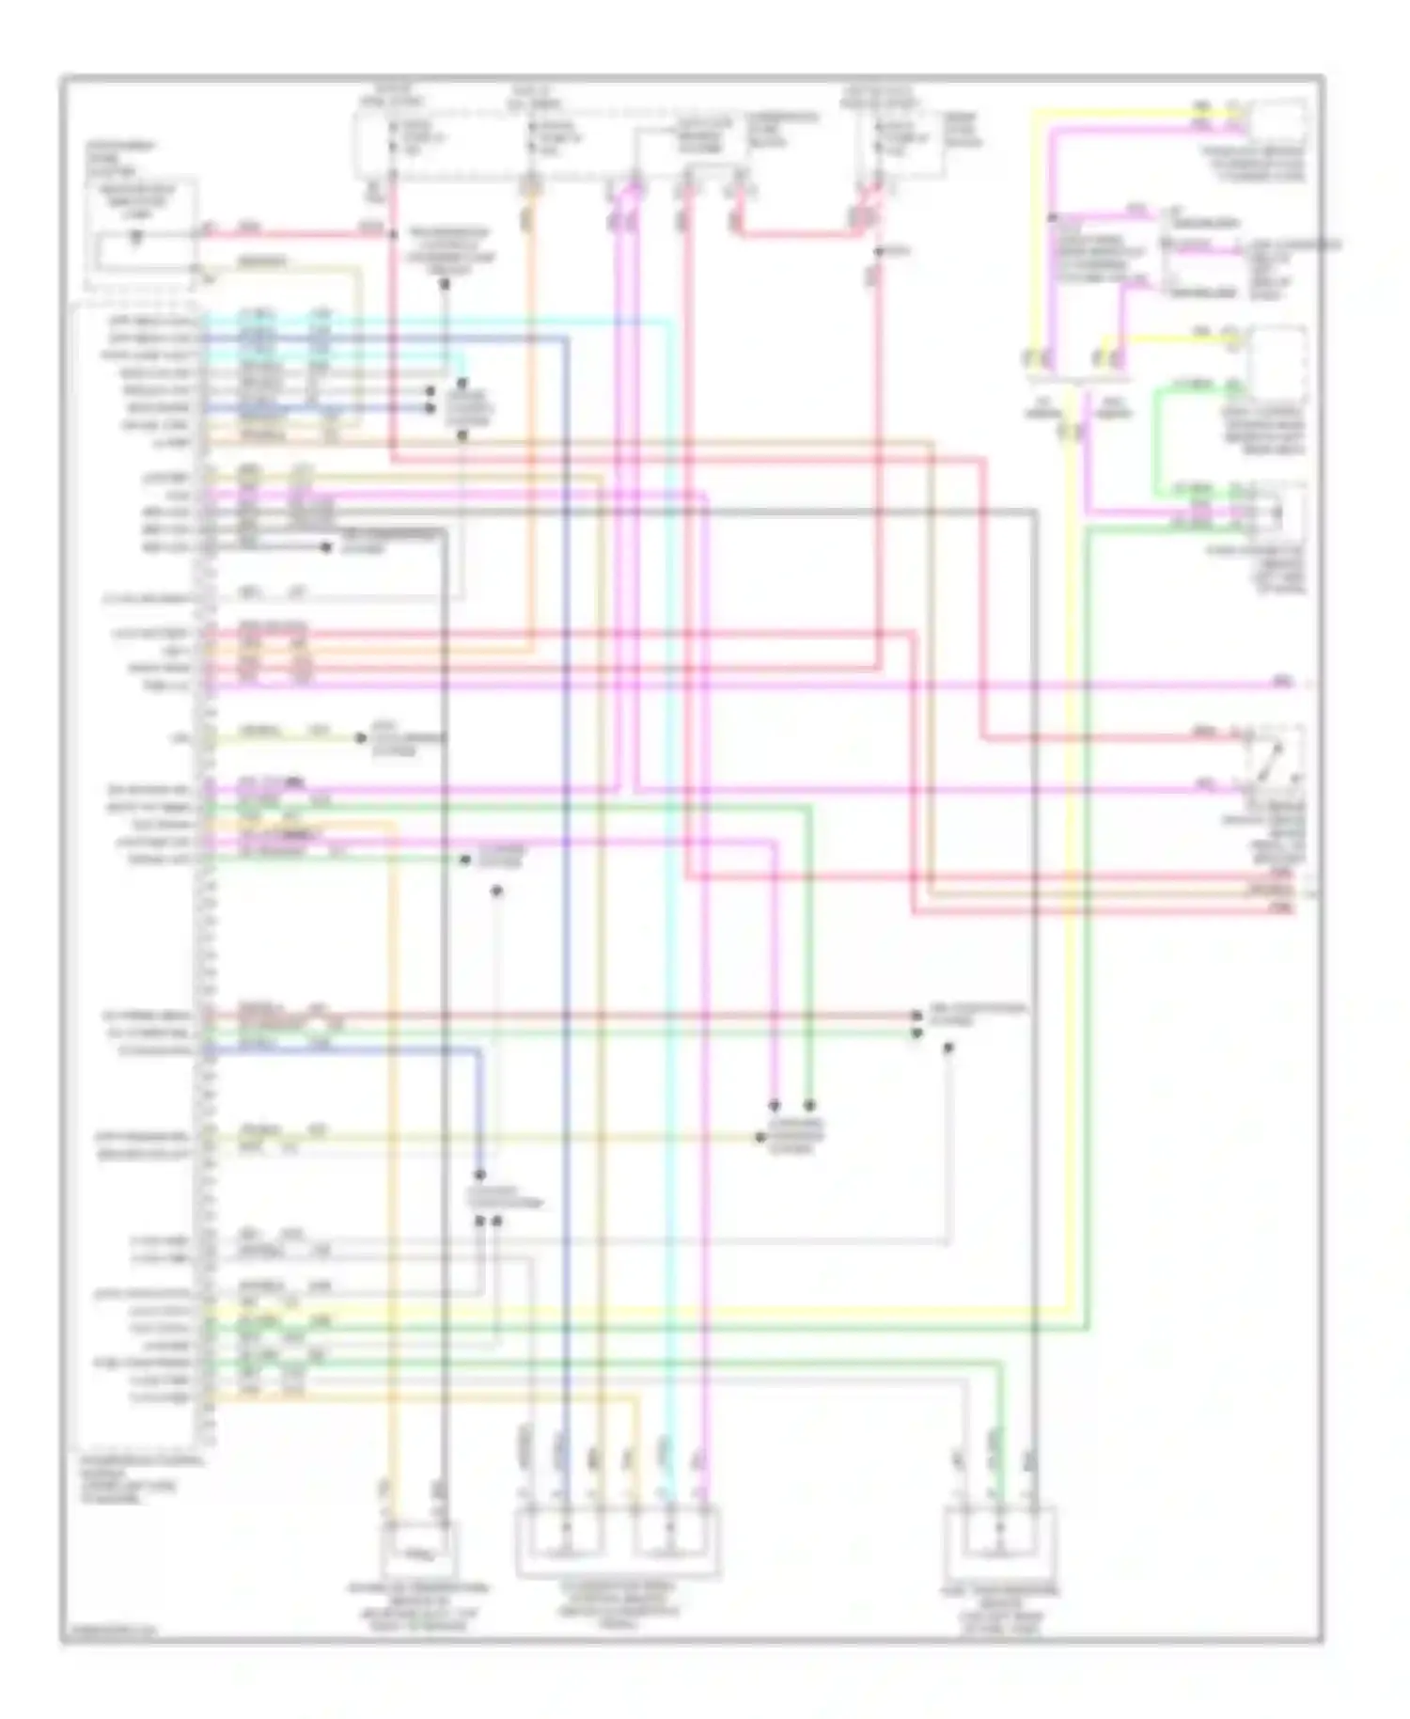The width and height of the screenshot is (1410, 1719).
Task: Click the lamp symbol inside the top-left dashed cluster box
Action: pos(137,238)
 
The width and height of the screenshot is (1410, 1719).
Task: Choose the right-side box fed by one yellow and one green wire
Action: pos(1277,362)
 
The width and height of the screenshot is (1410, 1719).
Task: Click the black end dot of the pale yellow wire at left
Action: pos(361,738)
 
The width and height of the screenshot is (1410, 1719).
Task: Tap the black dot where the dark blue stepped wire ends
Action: pos(479,1175)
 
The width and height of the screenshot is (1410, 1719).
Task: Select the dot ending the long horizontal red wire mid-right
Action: pos(916,1016)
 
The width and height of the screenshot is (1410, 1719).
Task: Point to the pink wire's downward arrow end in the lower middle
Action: pos(774,1105)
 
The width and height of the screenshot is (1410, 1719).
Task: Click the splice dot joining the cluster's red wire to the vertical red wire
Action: pos(390,232)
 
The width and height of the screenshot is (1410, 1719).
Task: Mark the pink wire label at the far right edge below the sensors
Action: pos(1282,681)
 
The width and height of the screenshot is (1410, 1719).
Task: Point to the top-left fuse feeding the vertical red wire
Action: pos(393,141)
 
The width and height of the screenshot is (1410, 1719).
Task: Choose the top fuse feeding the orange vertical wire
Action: pos(533,141)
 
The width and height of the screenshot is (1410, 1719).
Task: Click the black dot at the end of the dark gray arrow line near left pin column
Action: pos(326,547)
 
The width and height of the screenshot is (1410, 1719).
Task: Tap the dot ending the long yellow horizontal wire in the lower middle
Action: pos(760,1138)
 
